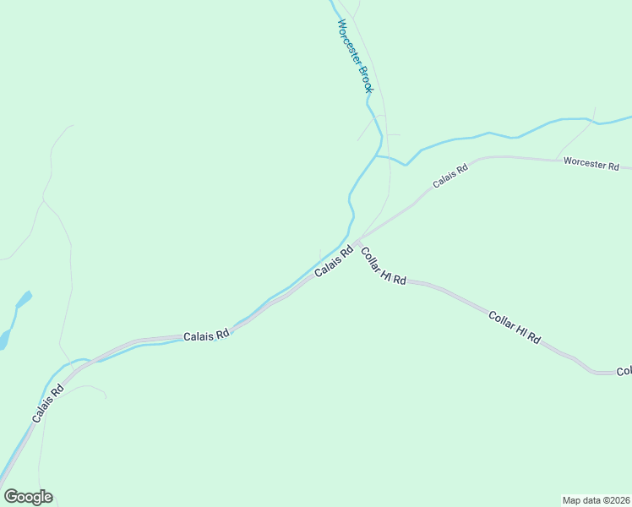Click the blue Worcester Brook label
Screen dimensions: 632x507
(x=355, y=56)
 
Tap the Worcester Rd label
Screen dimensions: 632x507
(x=591, y=164)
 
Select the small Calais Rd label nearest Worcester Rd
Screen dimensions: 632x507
(x=450, y=177)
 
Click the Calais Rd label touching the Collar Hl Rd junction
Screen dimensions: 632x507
(x=334, y=262)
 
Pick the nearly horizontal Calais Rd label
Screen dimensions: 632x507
(x=207, y=335)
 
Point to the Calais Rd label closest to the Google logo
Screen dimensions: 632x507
(x=47, y=405)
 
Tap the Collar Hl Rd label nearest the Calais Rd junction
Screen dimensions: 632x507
(x=384, y=265)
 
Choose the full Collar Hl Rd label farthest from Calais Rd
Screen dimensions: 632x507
(x=515, y=327)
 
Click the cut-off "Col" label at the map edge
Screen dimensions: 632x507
(x=624, y=370)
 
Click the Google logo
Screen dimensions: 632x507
(x=28, y=497)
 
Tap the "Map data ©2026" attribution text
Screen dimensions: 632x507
(x=595, y=499)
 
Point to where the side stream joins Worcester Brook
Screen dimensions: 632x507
(x=376, y=155)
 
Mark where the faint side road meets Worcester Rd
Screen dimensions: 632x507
(x=556, y=159)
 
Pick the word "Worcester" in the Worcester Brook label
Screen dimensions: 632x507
(x=349, y=41)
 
